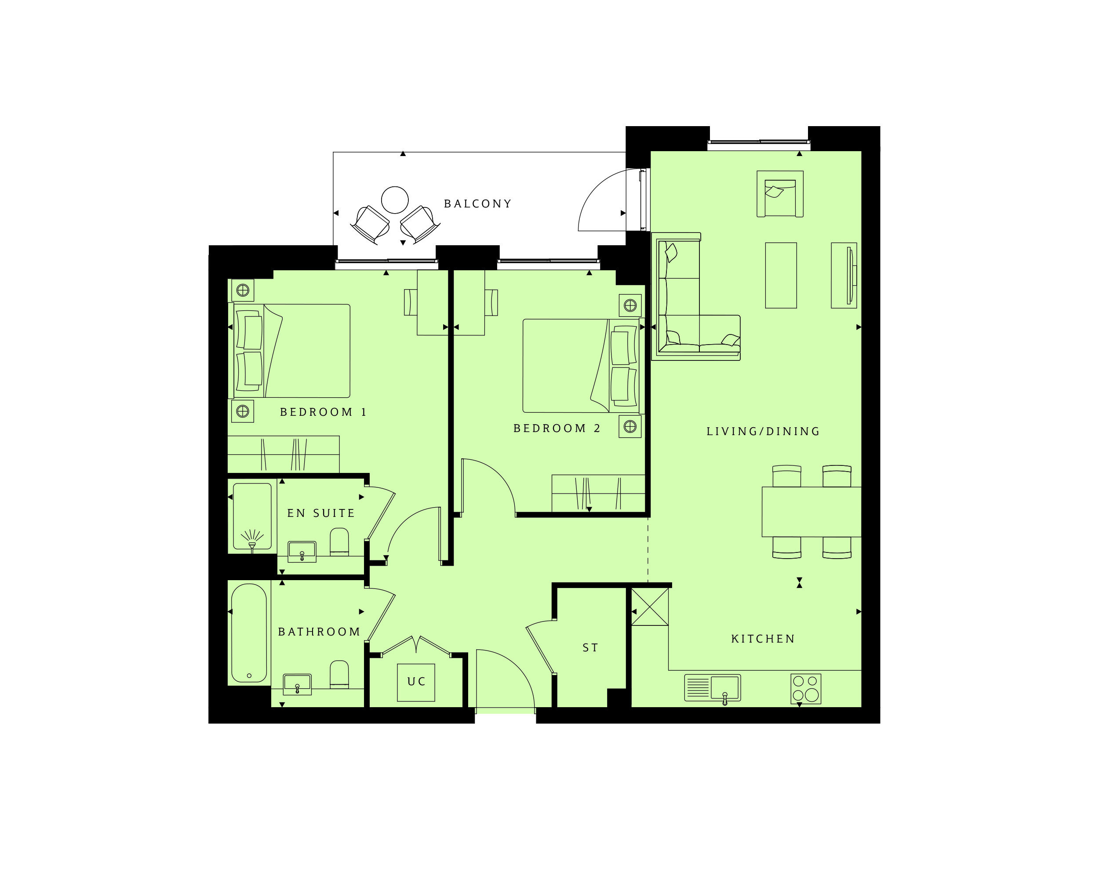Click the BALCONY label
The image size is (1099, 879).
coord(478,204)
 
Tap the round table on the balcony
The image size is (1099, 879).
coord(395,200)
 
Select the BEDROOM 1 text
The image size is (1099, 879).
coord(323,412)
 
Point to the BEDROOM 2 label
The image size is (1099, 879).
coord(557,428)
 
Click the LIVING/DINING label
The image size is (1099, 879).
coord(763,431)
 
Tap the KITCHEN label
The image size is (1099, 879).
coord(763,639)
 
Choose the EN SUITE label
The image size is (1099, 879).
coord(320,513)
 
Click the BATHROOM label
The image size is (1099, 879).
coord(319,632)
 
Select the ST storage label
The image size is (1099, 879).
coord(590,648)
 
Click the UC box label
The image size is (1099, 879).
coord(416,681)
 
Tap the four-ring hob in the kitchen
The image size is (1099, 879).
coord(806,688)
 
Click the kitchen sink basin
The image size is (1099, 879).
coord(725,686)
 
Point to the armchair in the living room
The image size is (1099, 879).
coord(780,194)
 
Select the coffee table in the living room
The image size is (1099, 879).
coord(781,275)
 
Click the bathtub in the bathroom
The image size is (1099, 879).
coord(249,633)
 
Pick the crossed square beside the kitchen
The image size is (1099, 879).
coord(650,607)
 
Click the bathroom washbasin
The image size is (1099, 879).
coord(297,684)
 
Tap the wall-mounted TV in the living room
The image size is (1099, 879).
coord(850,275)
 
